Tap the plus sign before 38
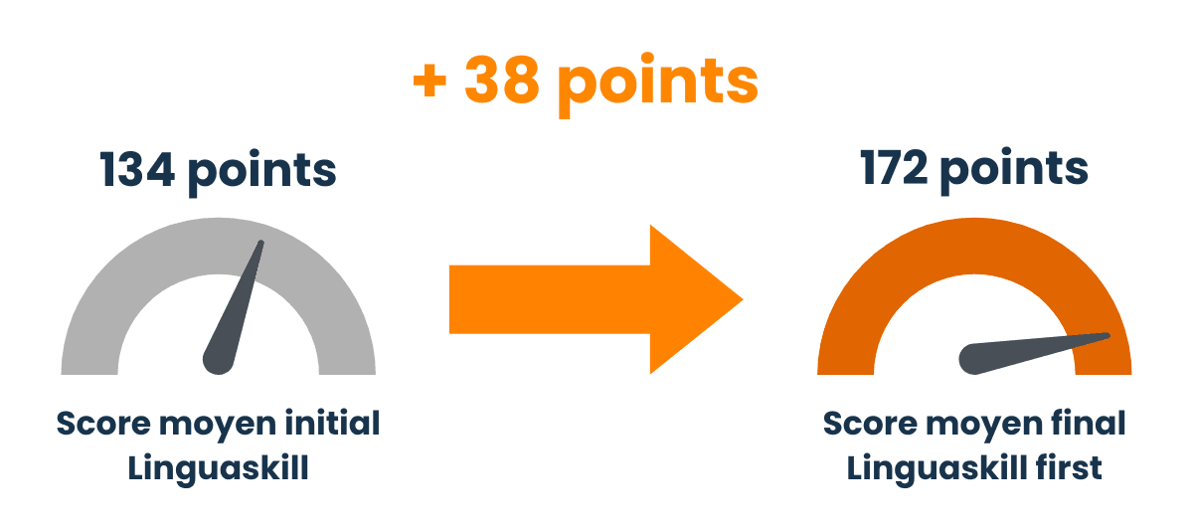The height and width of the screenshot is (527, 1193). point(429,83)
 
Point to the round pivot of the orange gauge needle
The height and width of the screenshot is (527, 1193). point(974,359)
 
